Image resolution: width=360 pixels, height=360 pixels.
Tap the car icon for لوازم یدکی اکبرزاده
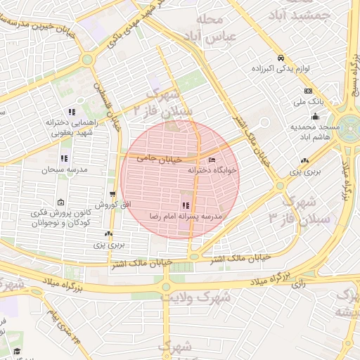(281, 58)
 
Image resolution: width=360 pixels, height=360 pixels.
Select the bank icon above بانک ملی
(308, 91)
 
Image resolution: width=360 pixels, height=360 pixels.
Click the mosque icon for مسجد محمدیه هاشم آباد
(314, 117)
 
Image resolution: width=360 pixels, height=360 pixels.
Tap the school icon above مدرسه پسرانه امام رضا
(186, 205)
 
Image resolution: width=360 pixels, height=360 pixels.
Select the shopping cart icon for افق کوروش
(112, 194)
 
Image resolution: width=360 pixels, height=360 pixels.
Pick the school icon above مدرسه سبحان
(64, 158)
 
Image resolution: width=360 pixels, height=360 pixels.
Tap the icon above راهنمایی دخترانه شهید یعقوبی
(71, 112)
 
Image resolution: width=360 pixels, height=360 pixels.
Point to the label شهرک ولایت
(195, 296)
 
